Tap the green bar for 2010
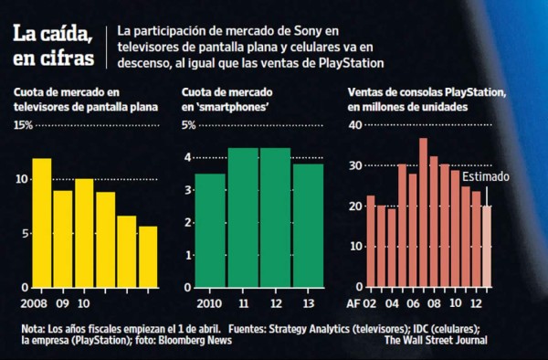point(210,229)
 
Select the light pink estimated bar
point(486,245)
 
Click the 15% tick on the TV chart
point(23,125)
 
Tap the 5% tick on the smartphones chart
point(189,125)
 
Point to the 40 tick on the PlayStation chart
point(356,125)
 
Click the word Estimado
point(485,176)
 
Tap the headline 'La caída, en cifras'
point(53,47)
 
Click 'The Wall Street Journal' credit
point(435,341)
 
